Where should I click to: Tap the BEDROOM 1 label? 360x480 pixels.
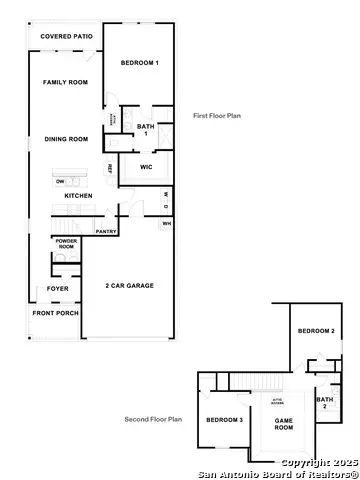[x=140, y=63]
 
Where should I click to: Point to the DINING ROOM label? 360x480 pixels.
[x=66, y=139]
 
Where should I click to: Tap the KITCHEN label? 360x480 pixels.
[x=79, y=196]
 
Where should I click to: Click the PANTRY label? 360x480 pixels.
[x=107, y=232]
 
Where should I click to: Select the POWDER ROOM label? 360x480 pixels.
[x=65, y=244]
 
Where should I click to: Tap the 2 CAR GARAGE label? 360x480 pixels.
[x=130, y=286]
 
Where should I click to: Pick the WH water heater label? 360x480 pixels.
[x=166, y=224]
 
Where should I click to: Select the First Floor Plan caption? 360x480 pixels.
[x=217, y=116]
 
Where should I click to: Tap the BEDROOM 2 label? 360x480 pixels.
[x=317, y=331]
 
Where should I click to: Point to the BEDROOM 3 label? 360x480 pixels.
[x=225, y=420]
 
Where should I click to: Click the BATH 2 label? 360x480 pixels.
[x=324, y=404]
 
